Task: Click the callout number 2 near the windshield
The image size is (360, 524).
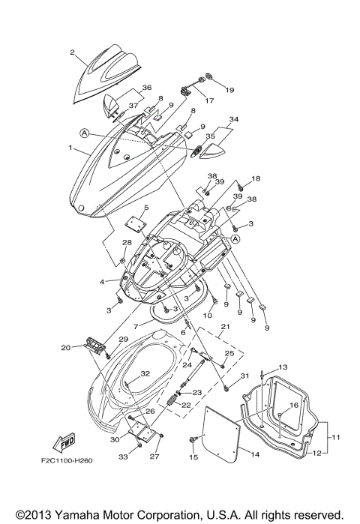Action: (x=73, y=52)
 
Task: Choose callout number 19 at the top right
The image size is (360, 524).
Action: (x=229, y=90)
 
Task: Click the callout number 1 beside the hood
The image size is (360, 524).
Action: (x=71, y=148)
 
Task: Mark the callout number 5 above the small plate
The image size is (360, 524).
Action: (x=147, y=208)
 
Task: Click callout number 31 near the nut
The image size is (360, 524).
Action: (x=244, y=376)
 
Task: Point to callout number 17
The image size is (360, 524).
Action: (x=209, y=100)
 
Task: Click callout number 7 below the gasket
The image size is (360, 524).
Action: (x=136, y=327)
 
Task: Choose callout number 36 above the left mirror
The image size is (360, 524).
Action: (x=146, y=88)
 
